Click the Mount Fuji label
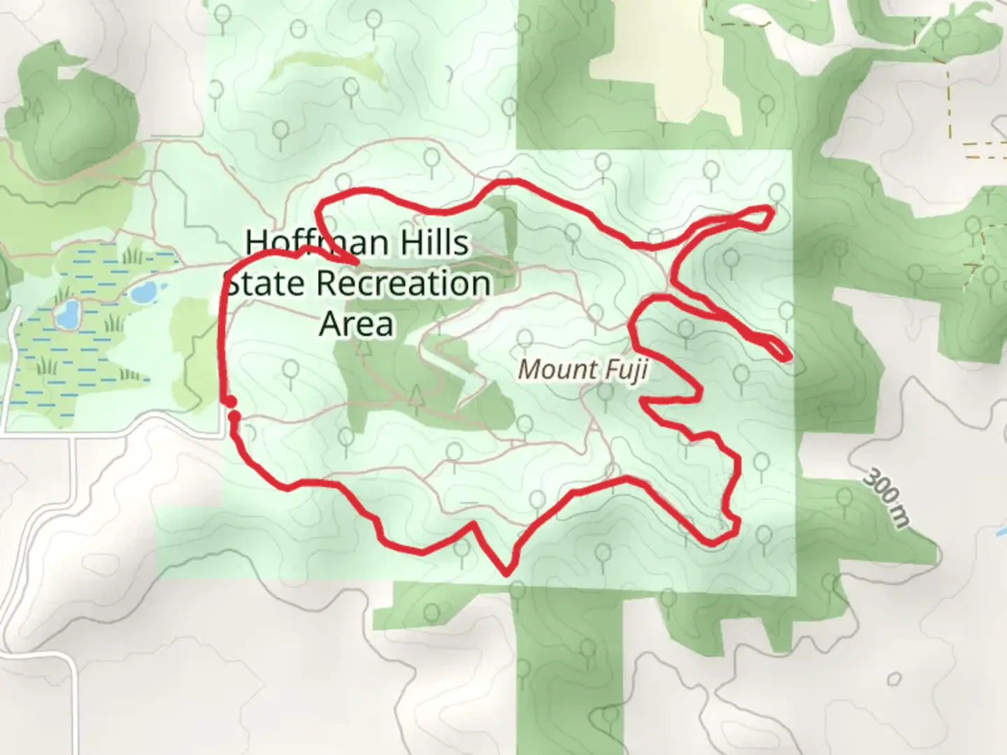tap(583, 369)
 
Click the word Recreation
tap(403, 284)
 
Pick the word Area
tap(357, 324)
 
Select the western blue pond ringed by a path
tap(68, 315)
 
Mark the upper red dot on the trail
tap(229, 401)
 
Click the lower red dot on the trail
tap(234, 417)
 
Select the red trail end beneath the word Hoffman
tap(356, 263)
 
